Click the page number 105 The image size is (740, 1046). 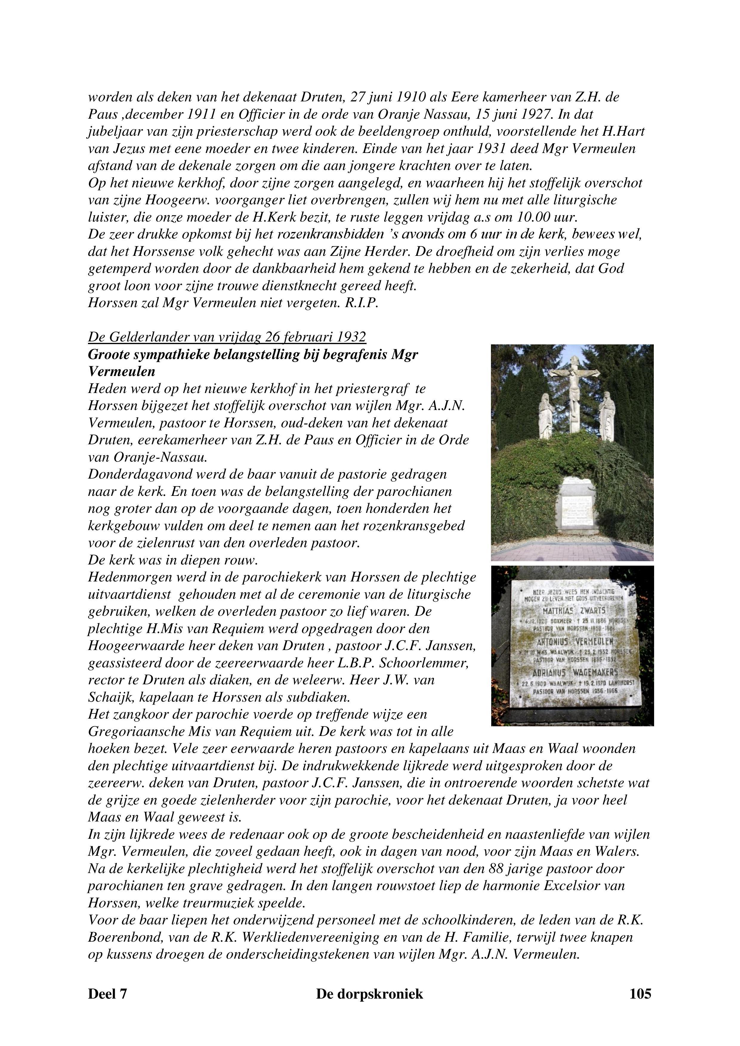click(x=640, y=993)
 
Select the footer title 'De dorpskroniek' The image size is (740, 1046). click(x=370, y=993)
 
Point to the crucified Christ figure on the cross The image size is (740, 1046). click(x=572, y=383)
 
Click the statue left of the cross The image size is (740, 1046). click(x=546, y=415)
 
